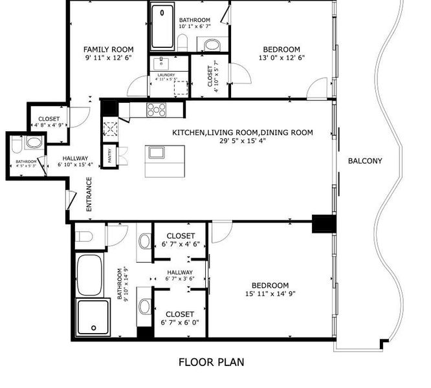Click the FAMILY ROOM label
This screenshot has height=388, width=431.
coord(109,50)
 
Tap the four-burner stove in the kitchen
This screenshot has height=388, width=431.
coord(157,109)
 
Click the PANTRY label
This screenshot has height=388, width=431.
coord(109,155)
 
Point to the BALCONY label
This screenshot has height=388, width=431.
coord(365,161)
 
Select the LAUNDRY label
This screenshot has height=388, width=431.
coord(166,75)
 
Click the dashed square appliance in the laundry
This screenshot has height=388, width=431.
coord(180,88)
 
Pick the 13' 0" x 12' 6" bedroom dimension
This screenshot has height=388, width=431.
coord(282,58)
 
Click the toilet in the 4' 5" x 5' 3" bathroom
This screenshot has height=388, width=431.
coord(32,142)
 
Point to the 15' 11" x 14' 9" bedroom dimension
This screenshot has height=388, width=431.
coord(270,294)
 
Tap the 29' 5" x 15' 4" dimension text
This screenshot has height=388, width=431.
coord(242,142)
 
